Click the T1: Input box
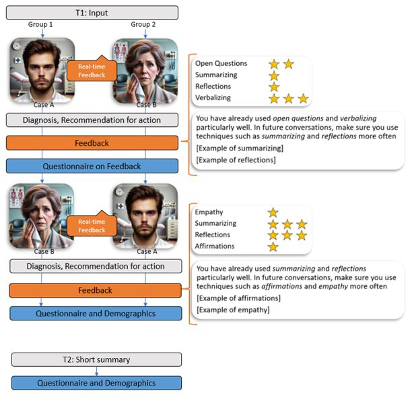[92, 12]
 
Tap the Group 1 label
[42, 25]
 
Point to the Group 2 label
[145, 25]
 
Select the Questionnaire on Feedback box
[92, 167]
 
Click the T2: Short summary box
[96, 360]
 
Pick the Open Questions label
[221, 64]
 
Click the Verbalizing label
[213, 98]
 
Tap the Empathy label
[209, 212]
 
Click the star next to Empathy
[273, 212]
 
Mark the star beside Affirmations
[273, 247]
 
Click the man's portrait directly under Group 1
[40, 71]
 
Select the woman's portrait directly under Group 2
[145, 71]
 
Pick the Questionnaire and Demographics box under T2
[96, 383]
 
